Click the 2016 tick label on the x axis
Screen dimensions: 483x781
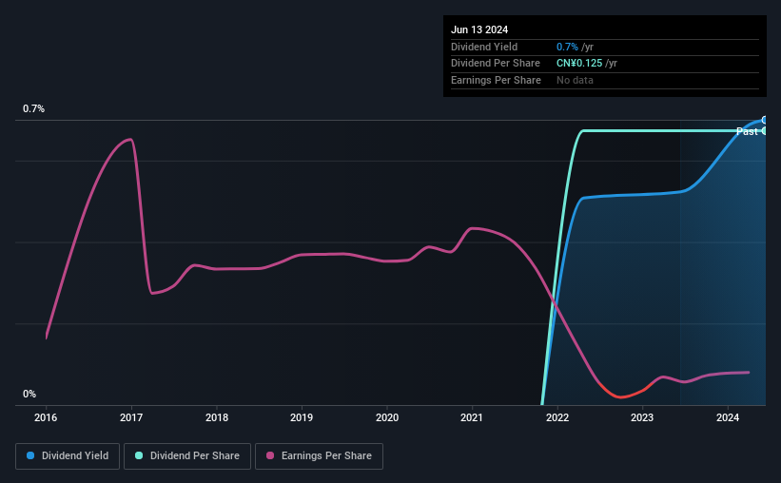[x=46, y=416]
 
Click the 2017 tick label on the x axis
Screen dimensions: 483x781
[x=131, y=416]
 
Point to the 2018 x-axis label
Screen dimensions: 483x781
[x=217, y=416]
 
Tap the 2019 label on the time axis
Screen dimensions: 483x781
[x=302, y=416]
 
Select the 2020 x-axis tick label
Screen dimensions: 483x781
[x=387, y=416]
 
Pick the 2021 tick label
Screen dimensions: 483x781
[x=472, y=416]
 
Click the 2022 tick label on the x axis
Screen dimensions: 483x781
[x=557, y=416]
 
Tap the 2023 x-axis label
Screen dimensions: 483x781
[x=642, y=416]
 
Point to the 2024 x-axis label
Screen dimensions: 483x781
[x=728, y=416]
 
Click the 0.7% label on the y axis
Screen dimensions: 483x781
[x=34, y=109]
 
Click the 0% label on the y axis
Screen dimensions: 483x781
[x=29, y=394]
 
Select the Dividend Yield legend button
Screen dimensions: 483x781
[x=68, y=456]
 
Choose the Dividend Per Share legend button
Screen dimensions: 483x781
[x=187, y=456]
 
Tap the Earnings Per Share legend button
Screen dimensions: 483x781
[x=319, y=456]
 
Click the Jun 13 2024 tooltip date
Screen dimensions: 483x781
[x=479, y=29]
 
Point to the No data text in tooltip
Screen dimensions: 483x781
[x=575, y=81]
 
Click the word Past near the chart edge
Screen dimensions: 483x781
[x=748, y=131]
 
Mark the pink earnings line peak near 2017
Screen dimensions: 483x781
[x=129, y=140]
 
